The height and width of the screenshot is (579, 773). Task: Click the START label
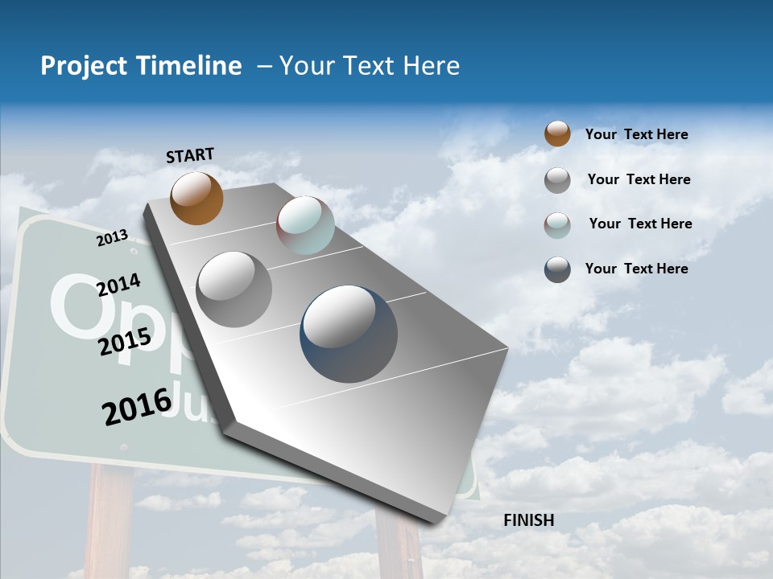[x=190, y=155]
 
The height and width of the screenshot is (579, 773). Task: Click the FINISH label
[x=529, y=520]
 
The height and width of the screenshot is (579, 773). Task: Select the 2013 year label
[x=113, y=238]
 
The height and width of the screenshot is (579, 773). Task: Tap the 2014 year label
[x=118, y=285]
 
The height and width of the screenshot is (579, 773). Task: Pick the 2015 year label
[x=125, y=342]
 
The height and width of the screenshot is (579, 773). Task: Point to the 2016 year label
[x=137, y=406]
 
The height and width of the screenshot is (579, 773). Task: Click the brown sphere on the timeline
[x=196, y=198]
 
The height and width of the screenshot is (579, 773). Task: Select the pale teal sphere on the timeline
[x=305, y=225]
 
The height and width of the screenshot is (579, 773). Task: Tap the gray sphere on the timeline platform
[x=234, y=289]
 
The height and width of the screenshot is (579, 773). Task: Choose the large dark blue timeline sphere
[x=349, y=334]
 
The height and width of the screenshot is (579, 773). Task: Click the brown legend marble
[x=557, y=133]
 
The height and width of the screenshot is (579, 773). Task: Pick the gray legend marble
[x=557, y=180]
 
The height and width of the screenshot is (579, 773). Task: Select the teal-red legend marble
[x=557, y=225]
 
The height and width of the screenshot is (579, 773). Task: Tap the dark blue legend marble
[x=557, y=269]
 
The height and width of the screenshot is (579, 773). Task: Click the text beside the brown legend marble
[x=637, y=134]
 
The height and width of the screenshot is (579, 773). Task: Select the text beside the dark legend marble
[x=637, y=269]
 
